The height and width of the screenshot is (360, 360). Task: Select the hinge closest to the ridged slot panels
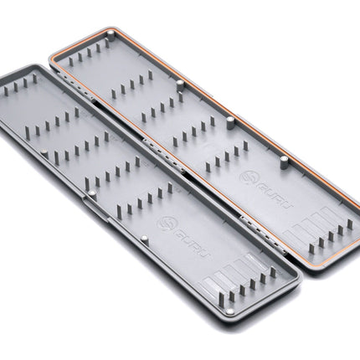tap(264, 235)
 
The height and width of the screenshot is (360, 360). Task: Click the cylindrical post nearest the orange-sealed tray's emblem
tap(284, 162)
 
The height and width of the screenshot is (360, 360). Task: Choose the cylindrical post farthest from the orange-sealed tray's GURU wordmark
tap(111, 36)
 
